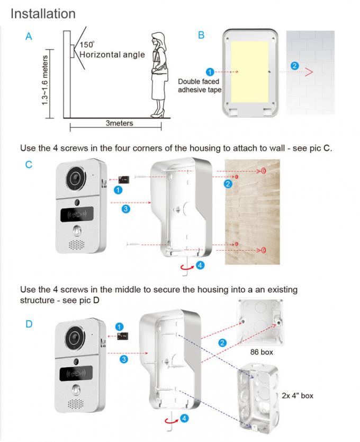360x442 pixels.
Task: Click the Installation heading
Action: click(x=43, y=13)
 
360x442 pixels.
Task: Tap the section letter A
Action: click(x=29, y=37)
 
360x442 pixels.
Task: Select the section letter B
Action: click(x=201, y=36)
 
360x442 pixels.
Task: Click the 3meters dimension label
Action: click(x=119, y=123)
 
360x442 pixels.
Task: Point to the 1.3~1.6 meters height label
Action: click(x=46, y=80)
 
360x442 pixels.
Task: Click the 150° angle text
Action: click(x=87, y=45)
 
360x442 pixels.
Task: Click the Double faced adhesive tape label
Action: click(x=200, y=86)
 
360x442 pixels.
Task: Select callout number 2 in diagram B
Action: click(x=295, y=66)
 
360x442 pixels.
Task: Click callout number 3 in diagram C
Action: click(x=125, y=209)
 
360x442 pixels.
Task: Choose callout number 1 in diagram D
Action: click(x=119, y=326)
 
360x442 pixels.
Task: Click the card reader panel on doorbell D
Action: click(x=77, y=373)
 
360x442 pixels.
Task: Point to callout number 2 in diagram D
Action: click(x=222, y=343)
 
